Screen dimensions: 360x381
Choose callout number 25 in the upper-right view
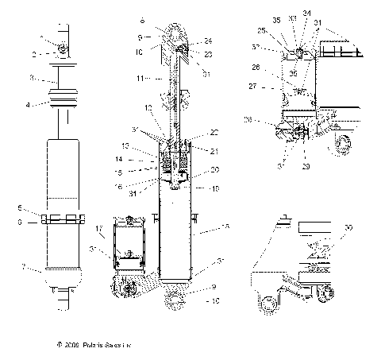pyautogui.click(x=283, y=31)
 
